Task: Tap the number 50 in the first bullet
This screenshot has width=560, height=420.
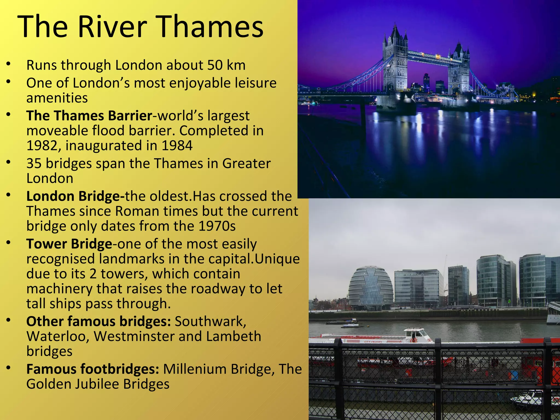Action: click(x=215, y=65)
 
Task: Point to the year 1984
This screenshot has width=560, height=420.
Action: click(x=177, y=145)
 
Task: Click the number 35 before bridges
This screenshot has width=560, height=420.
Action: click(x=34, y=164)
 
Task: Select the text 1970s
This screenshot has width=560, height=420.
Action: click(x=217, y=226)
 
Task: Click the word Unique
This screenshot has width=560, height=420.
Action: click(x=277, y=259)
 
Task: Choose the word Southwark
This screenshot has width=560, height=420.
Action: click(x=211, y=322)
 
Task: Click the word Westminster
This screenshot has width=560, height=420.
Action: click(x=134, y=336)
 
